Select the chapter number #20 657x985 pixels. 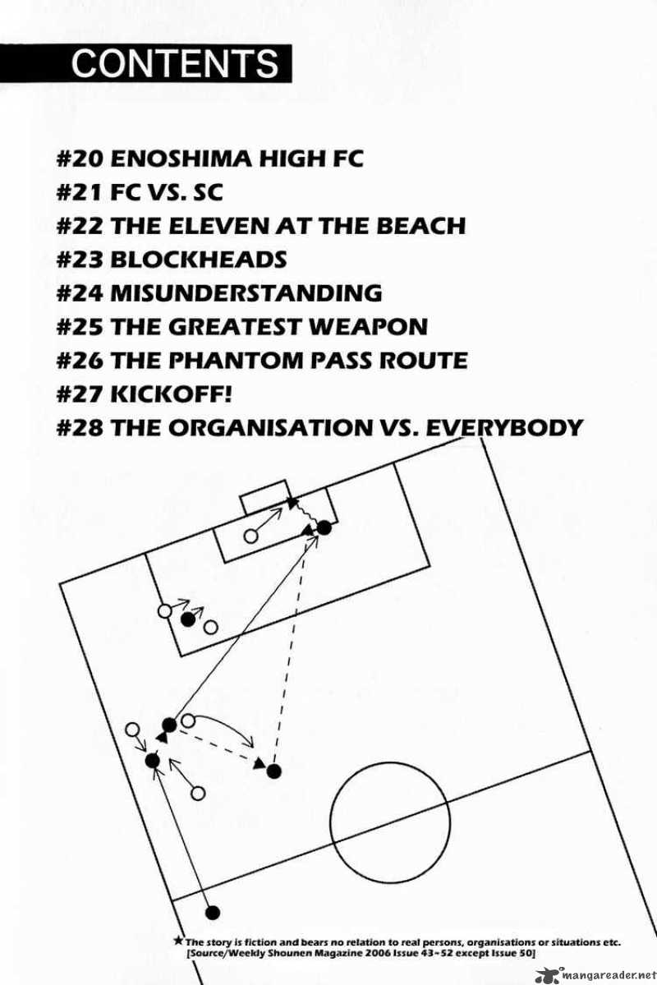tap(80, 157)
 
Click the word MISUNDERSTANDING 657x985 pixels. tap(246, 292)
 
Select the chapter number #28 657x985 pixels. tap(80, 427)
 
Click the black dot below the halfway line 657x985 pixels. tap(214, 912)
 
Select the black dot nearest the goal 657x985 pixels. tap(324, 527)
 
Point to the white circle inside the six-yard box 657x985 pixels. tap(251, 536)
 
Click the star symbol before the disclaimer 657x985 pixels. tap(179, 941)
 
